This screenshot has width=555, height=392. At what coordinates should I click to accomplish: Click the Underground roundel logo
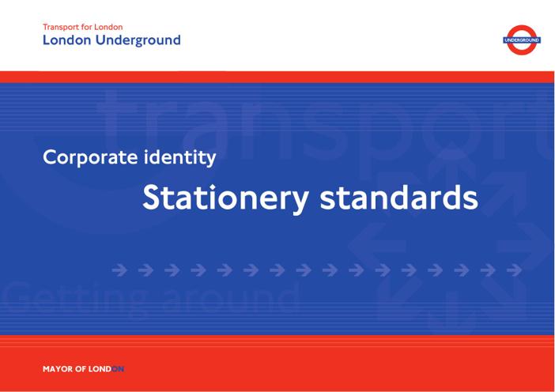click(522, 40)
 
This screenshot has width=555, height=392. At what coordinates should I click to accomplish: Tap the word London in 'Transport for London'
click(108, 27)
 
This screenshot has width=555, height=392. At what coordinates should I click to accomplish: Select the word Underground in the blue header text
click(138, 40)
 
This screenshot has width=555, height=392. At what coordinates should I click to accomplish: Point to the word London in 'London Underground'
click(67, 40)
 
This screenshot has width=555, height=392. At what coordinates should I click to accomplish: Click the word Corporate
click(90, 157)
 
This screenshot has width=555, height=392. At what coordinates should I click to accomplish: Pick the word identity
click(179, 157)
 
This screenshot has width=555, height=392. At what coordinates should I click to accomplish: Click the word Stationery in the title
click(226, 198)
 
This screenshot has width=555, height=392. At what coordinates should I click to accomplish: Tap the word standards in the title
click(399, 197)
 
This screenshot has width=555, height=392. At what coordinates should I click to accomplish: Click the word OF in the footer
click(81, 369)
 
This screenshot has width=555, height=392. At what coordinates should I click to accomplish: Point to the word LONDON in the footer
click(106, 369)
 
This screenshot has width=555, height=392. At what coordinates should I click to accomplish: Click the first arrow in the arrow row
click(119, 270)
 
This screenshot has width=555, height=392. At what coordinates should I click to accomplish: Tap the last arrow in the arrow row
click(514, 270)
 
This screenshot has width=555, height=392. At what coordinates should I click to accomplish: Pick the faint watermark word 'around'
click(232, 296)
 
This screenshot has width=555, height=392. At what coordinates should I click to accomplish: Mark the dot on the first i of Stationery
click(213, 187)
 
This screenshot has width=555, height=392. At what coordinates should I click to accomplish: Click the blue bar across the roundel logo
click(522, 40)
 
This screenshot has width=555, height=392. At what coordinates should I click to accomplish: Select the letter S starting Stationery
click(152, 198)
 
